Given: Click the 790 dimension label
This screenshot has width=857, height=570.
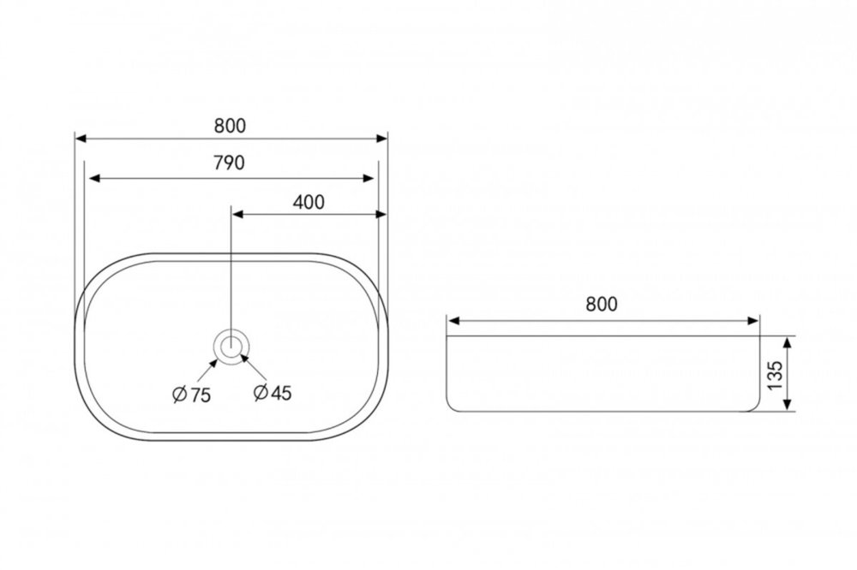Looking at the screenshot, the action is click(230, 162).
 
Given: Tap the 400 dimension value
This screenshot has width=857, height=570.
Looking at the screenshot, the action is click(309, 202).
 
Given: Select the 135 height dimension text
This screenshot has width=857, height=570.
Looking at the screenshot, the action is click(775, 375).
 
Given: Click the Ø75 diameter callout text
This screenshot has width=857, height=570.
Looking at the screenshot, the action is click(191, 395).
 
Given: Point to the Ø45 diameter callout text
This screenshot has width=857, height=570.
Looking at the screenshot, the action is click(273, 392).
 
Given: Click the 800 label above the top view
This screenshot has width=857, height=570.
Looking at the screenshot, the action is click(230, 126).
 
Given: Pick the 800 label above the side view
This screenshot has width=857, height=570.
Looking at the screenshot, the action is click(602, 304).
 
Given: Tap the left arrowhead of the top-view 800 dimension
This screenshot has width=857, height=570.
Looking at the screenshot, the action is click(81, 139).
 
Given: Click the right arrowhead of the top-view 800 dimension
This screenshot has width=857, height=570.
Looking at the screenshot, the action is click(381, 139).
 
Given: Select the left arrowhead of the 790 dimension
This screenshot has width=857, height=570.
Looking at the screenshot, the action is click(94, 178).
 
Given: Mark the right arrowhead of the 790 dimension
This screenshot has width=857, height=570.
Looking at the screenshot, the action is click(369, 178).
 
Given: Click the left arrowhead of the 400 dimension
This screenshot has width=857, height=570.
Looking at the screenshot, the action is click(237, 215).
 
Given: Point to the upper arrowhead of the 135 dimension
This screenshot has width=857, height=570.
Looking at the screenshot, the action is click(787, 343).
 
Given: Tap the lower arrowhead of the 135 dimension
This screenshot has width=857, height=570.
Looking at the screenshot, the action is click(787, 403).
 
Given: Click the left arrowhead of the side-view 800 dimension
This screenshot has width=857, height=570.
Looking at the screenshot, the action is click(453, 320).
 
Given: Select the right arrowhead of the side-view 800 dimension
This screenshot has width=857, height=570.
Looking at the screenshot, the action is click(753, 320).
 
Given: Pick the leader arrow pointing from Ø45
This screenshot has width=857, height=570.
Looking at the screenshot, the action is click(254, 367).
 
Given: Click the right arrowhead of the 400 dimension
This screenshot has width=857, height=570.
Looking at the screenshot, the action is click(381, 215).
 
